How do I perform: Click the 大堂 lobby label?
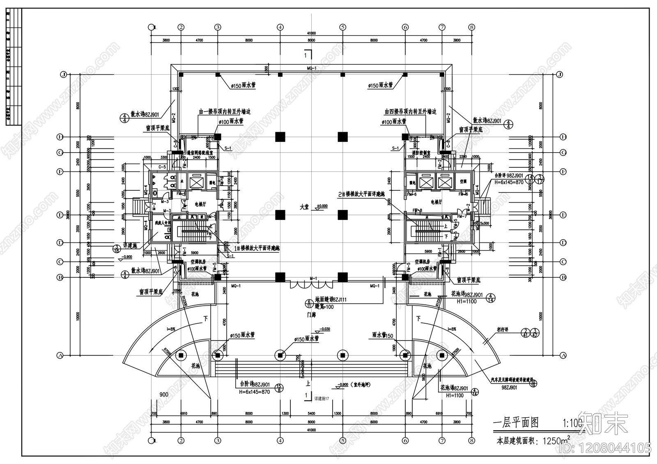point(304,208)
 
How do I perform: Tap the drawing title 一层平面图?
point(515,423)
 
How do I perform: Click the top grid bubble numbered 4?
point(280,27)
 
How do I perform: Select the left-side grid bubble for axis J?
point(63,75)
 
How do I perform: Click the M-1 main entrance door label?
point(313,279)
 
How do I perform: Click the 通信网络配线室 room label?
point(200,152)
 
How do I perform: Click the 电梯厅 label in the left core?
point(200,204)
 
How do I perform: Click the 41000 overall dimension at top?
point(311,33)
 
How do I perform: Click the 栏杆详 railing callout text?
point(502,329)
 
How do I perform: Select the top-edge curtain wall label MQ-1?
point(311,68)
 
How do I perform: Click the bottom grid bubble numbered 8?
point(471,441)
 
